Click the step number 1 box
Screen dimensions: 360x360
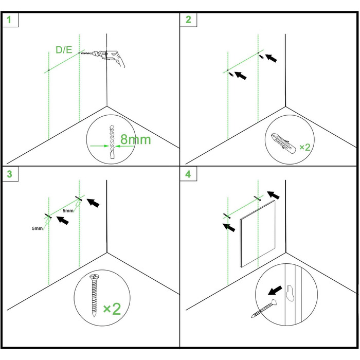[x=10, y=20]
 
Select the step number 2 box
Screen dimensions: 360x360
[x=188, y=20]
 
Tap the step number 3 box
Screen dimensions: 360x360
[x=10, y=174]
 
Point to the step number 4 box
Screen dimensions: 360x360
[x=188, y=174]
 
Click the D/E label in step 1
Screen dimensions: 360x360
[x=64, y=50]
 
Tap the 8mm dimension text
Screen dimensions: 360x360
[x=135, y=139]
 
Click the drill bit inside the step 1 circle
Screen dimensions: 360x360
[x=112, y=141]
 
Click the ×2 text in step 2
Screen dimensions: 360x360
[x=305, y=147]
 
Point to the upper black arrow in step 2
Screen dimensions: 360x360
[x=271, y=58]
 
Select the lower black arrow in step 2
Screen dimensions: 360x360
[x=240, y=75]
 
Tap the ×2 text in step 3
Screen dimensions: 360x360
[x=112, y=309]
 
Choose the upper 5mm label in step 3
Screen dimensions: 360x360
[x=68, y=210]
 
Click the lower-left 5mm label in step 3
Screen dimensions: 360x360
[x=37, y=228]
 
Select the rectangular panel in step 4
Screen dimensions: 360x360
[x=257, y=233]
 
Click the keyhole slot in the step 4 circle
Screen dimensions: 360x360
[x=290, y=293]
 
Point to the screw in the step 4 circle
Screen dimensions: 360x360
[x=264, y=309]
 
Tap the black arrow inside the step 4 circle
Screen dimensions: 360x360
[x=275, y=291]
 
